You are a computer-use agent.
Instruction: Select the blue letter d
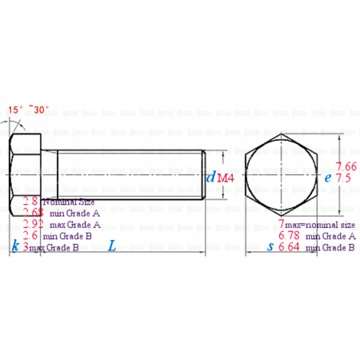tap(211, 177)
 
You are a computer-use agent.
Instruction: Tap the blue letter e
tap(328, 178)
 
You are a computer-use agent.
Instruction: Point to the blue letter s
tap(270, 247)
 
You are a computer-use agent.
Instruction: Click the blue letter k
tap(15, 247)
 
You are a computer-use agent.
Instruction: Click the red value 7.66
tap(346, 166)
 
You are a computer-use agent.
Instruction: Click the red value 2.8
tap(31, 202)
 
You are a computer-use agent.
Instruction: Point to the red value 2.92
tap(33, 225)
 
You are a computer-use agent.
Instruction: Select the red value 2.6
tap(30, 236)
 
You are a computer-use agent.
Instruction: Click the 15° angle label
tap(15, 110)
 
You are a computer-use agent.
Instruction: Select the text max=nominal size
tap(317, 223)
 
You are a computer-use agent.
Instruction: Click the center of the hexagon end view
tap(281, 177)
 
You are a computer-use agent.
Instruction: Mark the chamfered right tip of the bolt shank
tap(204, 177)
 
